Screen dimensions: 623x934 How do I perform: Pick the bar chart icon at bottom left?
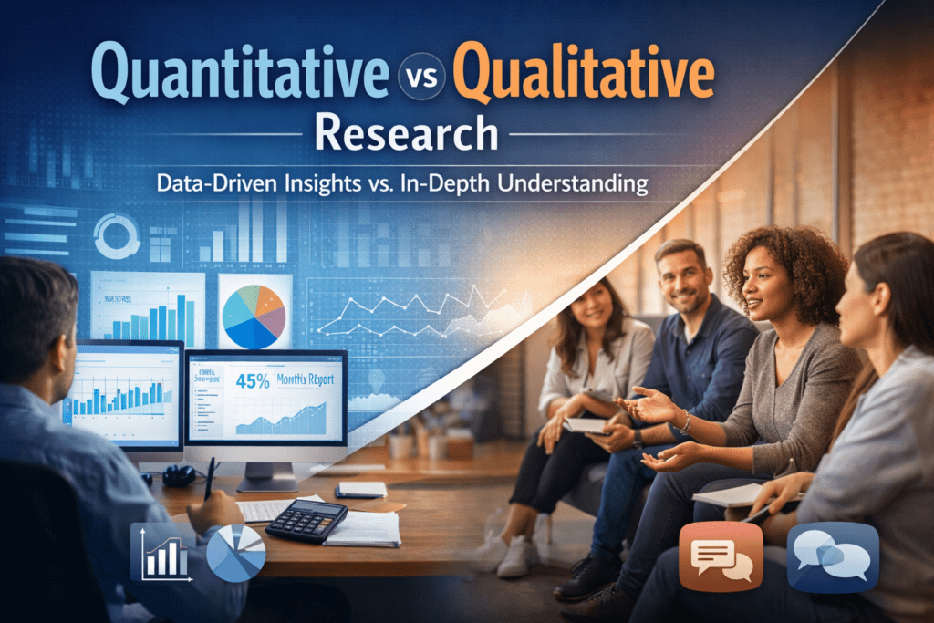coord(163,549)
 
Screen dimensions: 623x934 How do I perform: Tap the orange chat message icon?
coord(721,556)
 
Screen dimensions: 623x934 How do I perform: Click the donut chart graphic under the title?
coord(118,235)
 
